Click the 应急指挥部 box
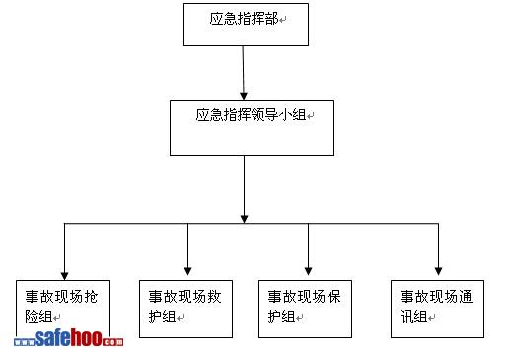point(246,25)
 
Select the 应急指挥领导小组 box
point(252,127)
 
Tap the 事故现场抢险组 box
point(62,309)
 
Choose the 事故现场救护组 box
point(185,309)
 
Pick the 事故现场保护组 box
point(305,309)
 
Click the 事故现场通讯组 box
point(437,309)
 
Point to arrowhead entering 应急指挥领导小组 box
point(244,96)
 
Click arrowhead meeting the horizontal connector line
point(244,219)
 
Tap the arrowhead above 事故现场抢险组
point(64,276)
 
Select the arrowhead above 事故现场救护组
point(187,271)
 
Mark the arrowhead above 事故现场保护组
point(308,271)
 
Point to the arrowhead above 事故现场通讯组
point(438,271)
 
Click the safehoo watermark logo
point(69,338)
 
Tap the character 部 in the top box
point(272,19)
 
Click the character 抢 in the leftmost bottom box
point(91,297)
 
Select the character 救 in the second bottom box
point(214,297)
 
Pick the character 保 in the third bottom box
point(333,297)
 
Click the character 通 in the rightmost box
point(466,297)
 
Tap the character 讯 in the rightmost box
point(406,317)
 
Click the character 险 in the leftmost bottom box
point(32,317)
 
